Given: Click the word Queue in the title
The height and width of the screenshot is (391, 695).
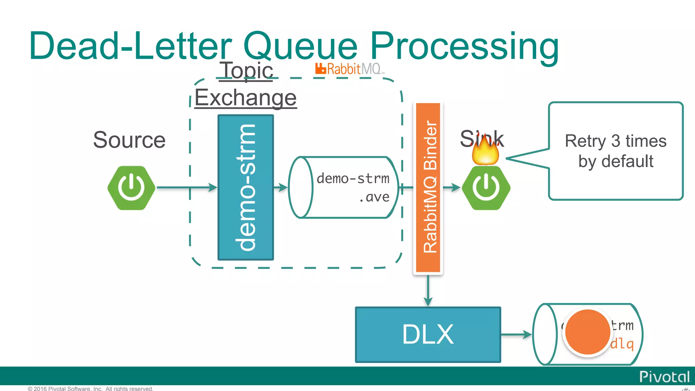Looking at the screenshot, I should pyautogui.click(x=300, y=46).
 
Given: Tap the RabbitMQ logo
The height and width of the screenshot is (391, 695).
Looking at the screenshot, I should pyautogui.click(x=349, y=69).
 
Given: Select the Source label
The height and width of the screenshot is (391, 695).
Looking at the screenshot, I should pyautogui.click(x=129, y=139).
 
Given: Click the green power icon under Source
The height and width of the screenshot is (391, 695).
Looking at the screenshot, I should pyautogui.click(x=131, y=188).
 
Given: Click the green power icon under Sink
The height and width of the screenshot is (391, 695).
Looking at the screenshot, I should pyautogui.click(x=486, y=188).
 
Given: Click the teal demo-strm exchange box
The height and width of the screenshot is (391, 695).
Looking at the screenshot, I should pyautogui.click(x=246, y=187).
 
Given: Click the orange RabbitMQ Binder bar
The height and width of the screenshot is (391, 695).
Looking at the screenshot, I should pyautogui.click(x=428, y=187).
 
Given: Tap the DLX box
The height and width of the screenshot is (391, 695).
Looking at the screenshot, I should pyautogui.click(x=428, y=335).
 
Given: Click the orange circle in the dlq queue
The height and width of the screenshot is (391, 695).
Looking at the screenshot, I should pyautogui.click(x=587, y=332).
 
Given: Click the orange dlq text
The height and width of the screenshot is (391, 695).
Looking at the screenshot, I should pyautogui.click(x=622, y=344).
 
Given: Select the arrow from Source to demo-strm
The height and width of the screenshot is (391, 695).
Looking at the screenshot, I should pyautogui.click(x=187, y=187).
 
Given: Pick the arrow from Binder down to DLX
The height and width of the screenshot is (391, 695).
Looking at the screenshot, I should pyautogui.click(x=428, y=290).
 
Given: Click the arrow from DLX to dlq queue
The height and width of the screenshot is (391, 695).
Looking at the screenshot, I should pyautogui.click(x=516, y=335).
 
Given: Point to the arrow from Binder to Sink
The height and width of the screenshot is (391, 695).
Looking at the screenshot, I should pyautogui.click(x=452, y=187).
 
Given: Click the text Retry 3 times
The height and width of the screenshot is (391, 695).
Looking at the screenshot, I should pyautogui.click(x=615, y=141).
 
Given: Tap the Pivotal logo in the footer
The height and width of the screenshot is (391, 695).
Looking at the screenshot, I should pyautogui.click(x=664, y=377).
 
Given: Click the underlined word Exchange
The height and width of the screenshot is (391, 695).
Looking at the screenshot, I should pyautogui.click(x=245, y=98).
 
